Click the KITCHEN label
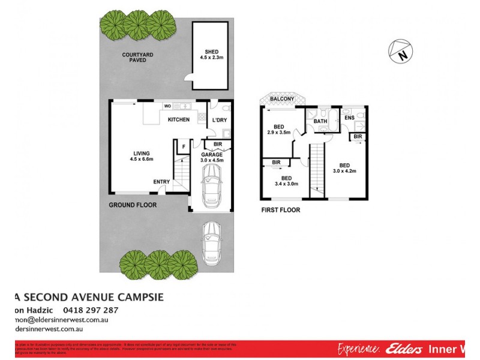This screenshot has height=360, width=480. pyautogui.click(x=178, y=120)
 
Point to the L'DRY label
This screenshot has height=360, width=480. pyautogui.click(x=218, y=120)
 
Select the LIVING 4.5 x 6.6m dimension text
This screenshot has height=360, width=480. pyautogui.click(x=142, y=157)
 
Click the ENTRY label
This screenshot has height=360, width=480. pyautogui.click(x=161, y=182)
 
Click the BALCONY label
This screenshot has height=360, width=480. pyautogui.click(x=281, y=99)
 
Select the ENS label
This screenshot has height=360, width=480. pyautogui.click(x=349, y=118)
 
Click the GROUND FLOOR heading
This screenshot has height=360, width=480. pyautogui.click(x=133, y=205)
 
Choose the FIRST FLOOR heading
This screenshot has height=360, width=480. pyautogui.click(x=280, y=211)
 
